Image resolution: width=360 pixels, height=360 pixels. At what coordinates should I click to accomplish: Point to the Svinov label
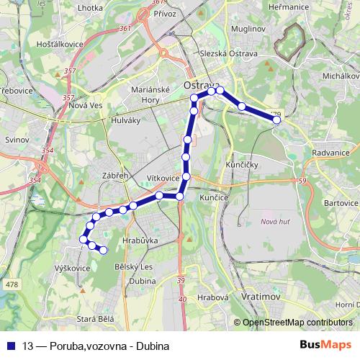(x=16, y=140)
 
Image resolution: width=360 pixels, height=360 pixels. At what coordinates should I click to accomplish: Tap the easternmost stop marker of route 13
(x=276, y=120)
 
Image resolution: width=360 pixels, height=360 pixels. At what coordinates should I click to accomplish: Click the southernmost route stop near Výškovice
(x=103, y=250)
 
